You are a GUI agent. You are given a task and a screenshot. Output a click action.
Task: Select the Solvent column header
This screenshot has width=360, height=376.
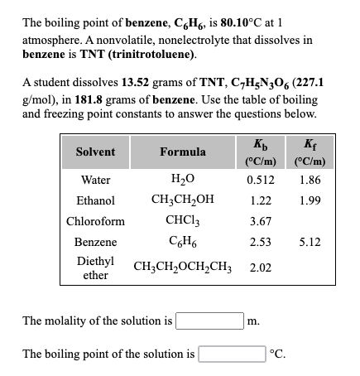coord(96,152)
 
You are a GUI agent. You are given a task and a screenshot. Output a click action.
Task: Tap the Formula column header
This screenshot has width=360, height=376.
coord(183,152)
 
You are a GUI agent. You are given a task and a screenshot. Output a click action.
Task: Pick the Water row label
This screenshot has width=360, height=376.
coord(96,179)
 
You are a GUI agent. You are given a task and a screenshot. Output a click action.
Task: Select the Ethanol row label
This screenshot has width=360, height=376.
coord(96,200)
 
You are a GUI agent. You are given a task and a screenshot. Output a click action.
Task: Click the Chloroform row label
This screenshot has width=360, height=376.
coord(96,222)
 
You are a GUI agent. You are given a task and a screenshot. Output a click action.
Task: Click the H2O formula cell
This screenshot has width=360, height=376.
coord(183,179)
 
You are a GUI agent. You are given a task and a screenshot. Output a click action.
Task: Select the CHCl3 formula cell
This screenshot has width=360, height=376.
coord(183,222)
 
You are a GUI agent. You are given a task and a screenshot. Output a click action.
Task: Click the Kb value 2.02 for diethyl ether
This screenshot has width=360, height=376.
coord(261,268)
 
